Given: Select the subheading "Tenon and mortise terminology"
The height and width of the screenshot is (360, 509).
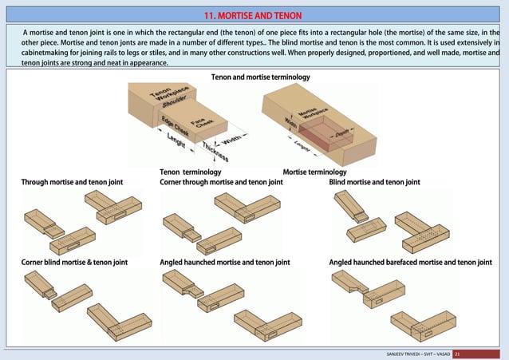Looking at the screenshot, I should point(259,77).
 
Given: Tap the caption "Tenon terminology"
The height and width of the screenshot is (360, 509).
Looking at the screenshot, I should point(191,172).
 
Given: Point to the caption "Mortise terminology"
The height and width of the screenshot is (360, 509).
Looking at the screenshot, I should point(314,172).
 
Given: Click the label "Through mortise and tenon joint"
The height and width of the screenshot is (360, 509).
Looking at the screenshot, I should point(72,182).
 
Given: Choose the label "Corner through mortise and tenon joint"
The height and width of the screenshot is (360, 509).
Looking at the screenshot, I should point(221,182).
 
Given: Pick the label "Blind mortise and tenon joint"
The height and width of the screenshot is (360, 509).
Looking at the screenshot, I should point(374,182).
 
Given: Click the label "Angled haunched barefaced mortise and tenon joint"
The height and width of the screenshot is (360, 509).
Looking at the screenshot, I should point(410,262).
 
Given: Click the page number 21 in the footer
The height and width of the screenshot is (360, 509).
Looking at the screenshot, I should point(458,352).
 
